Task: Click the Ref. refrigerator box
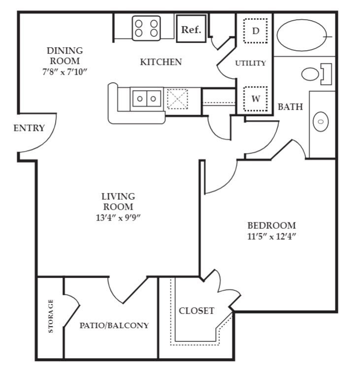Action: tap(191, 30)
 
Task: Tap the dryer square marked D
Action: tap(255, 31)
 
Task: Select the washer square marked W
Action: tap(255, 98)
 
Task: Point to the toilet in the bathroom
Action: tap(315, 74)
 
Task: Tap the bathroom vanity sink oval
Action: tap(321, 121)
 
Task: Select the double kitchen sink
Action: tap(147, 98)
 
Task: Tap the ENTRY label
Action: tap(29, 128)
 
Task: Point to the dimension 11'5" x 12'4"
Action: tap(271, 236)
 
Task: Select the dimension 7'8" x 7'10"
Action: tap(65, 71)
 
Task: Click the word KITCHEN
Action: tap(161, 62)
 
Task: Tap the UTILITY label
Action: tap(250, 63)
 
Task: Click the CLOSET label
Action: tap(196, 311)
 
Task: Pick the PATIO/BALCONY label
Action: tap(114, 325)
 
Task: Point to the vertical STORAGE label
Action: tap(51, 316)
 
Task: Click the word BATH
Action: tap(290, 107)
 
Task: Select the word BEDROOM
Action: tap(271, 225)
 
